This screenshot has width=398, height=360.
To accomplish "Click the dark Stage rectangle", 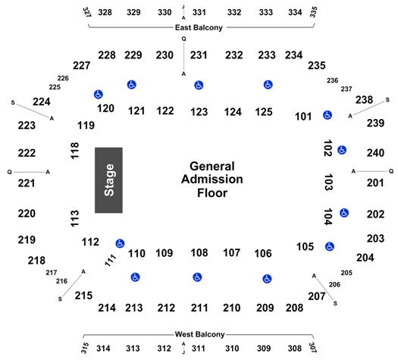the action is [x=108, y=180].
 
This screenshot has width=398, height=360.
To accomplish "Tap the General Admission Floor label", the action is [x=212, y=180].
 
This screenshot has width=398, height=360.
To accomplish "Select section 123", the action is [x=199, y=112].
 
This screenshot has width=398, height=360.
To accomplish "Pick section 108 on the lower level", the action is [x=199, y=252].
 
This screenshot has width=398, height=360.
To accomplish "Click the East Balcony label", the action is [x=199, y=27].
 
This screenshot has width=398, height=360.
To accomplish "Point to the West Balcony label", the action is [x=200, y=334].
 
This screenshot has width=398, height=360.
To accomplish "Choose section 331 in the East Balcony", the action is [x=199, y=12].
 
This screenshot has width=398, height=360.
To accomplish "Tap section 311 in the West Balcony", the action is [x=198, y=349].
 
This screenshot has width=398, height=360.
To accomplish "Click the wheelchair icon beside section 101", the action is [x=327, y=115].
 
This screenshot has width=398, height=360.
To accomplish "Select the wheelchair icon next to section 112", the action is [x=120, y=243].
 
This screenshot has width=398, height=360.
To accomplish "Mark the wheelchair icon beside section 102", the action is [x=342, y=150].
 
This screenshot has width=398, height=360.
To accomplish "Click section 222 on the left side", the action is [x=27, y=153].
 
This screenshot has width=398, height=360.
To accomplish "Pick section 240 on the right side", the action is [x=375, y=153].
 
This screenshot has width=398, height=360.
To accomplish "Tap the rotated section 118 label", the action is [x=74, y=151].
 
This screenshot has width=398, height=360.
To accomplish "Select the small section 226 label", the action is [x=63, y=78].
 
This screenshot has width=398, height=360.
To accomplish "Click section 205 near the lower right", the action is [x=346, y=273].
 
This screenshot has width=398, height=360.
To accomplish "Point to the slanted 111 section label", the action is [x=111, y=260].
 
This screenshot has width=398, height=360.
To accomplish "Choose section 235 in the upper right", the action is [x=317, y=65].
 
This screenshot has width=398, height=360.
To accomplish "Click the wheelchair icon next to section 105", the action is [x=330, y=246].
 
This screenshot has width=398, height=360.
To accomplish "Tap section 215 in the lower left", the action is [x=83, y=296].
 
